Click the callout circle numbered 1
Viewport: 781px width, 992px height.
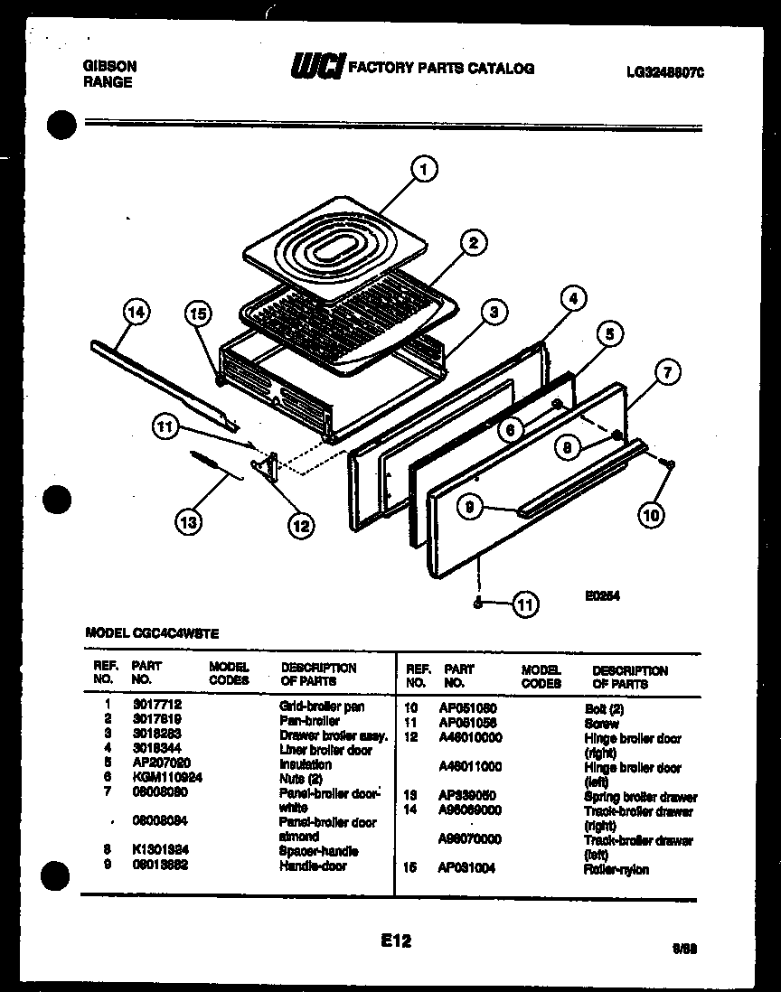pos(422,168)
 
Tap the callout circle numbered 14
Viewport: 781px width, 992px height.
pos(136,314)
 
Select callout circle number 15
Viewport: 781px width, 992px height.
pos(198,314)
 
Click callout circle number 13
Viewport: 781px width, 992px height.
pos(190,521)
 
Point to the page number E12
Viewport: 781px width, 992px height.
pos(396,941)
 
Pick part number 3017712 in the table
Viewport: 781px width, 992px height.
pos(151,707)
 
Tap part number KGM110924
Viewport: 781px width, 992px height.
pos(166,777)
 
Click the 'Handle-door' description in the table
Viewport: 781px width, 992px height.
pos(313,866)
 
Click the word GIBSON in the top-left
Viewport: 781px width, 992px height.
pos(110,66)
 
